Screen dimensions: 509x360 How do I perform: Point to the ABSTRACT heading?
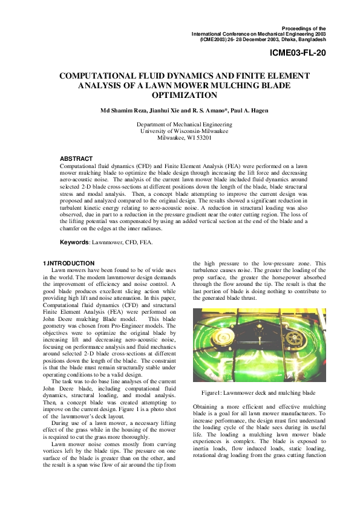click(x=76, y=158)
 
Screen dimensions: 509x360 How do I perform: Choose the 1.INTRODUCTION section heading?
click(x=68, y=263)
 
